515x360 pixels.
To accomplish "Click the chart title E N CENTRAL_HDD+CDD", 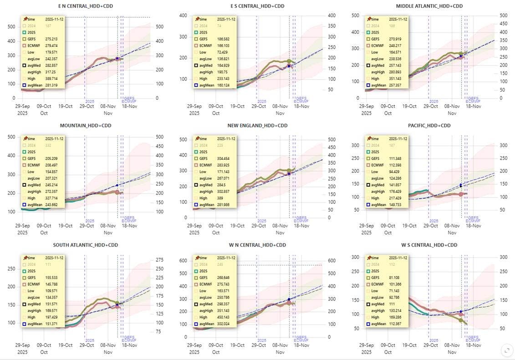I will [x=85, y=6].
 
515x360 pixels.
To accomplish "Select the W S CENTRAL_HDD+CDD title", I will [x=429, y=245].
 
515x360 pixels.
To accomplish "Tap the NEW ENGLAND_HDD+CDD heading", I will [x=257, y=126].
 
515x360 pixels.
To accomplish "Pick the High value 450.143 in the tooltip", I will [x=223, y=317].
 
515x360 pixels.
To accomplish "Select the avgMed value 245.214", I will [x=51, y=185].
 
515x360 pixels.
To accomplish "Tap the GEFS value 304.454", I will [x=223, y=158].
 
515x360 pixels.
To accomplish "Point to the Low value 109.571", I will [x=51, y=291].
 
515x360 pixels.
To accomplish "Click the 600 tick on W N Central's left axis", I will [x=183, y=261].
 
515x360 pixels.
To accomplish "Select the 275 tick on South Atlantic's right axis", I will [x=160, y=259].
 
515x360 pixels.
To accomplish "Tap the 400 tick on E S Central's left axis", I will [x=183, y=15].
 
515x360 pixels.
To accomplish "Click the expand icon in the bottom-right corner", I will [x=506, y=350].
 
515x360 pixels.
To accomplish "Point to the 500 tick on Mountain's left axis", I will [x=10, y=137].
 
